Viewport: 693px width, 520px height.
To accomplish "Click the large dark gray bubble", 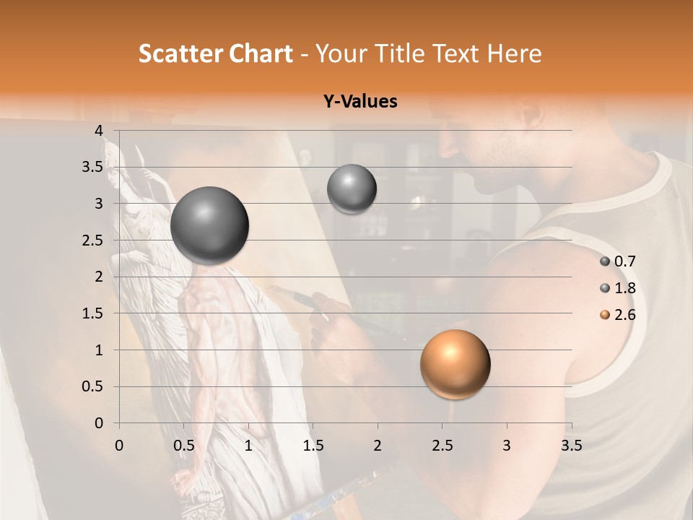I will point(209,225).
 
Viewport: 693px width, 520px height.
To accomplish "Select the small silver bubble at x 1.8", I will point(352,188).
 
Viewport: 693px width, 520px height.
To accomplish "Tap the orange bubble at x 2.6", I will point(455,364).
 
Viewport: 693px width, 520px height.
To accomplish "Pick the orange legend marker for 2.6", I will point(605,315).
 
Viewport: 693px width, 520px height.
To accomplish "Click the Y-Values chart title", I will point(360,102).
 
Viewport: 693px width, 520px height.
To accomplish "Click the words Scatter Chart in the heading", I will point(215,53).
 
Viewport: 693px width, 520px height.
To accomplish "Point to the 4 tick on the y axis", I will point(99,130).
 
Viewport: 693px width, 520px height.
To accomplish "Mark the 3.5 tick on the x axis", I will point(571,446).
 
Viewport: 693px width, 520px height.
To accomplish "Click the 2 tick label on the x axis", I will point(377,446).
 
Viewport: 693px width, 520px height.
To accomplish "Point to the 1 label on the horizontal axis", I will point(248,446).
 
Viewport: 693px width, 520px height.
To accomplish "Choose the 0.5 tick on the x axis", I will point(183,446).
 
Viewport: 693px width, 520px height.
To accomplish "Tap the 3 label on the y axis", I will point(99,204).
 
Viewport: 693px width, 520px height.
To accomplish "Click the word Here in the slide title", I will point(513,53).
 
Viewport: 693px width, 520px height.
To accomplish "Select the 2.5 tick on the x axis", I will point(442,446).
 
